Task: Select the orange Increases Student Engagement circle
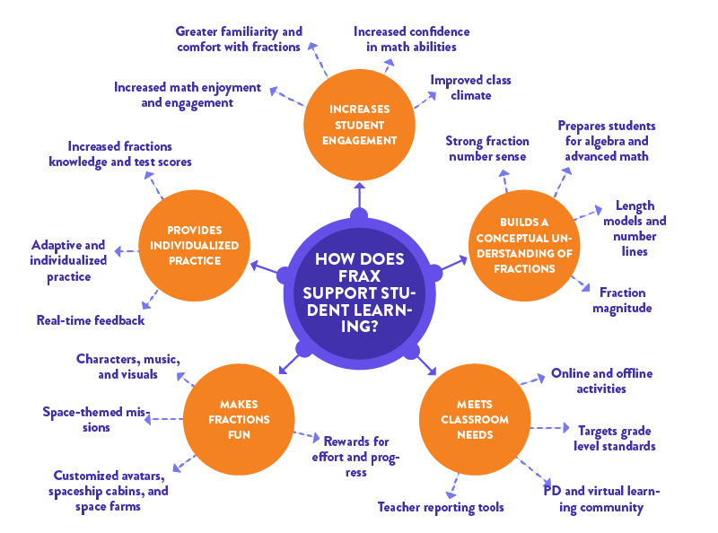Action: pos(358,125)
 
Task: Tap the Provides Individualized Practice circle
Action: pos(193,245)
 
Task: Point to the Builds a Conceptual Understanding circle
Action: pos(524,245)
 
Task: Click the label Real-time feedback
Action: pos(91,319)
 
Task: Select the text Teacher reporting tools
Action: pos(441,507)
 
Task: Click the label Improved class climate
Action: pos(470,87)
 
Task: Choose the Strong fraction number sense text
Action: pos(486,149)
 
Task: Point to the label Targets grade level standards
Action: pos(616,438)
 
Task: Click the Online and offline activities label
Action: pos(601,380)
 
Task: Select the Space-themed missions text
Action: pos(99,419)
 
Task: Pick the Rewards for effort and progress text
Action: pos(356,456)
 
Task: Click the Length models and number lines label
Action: pos(635,228)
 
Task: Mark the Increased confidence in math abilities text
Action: pos(411,39)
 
